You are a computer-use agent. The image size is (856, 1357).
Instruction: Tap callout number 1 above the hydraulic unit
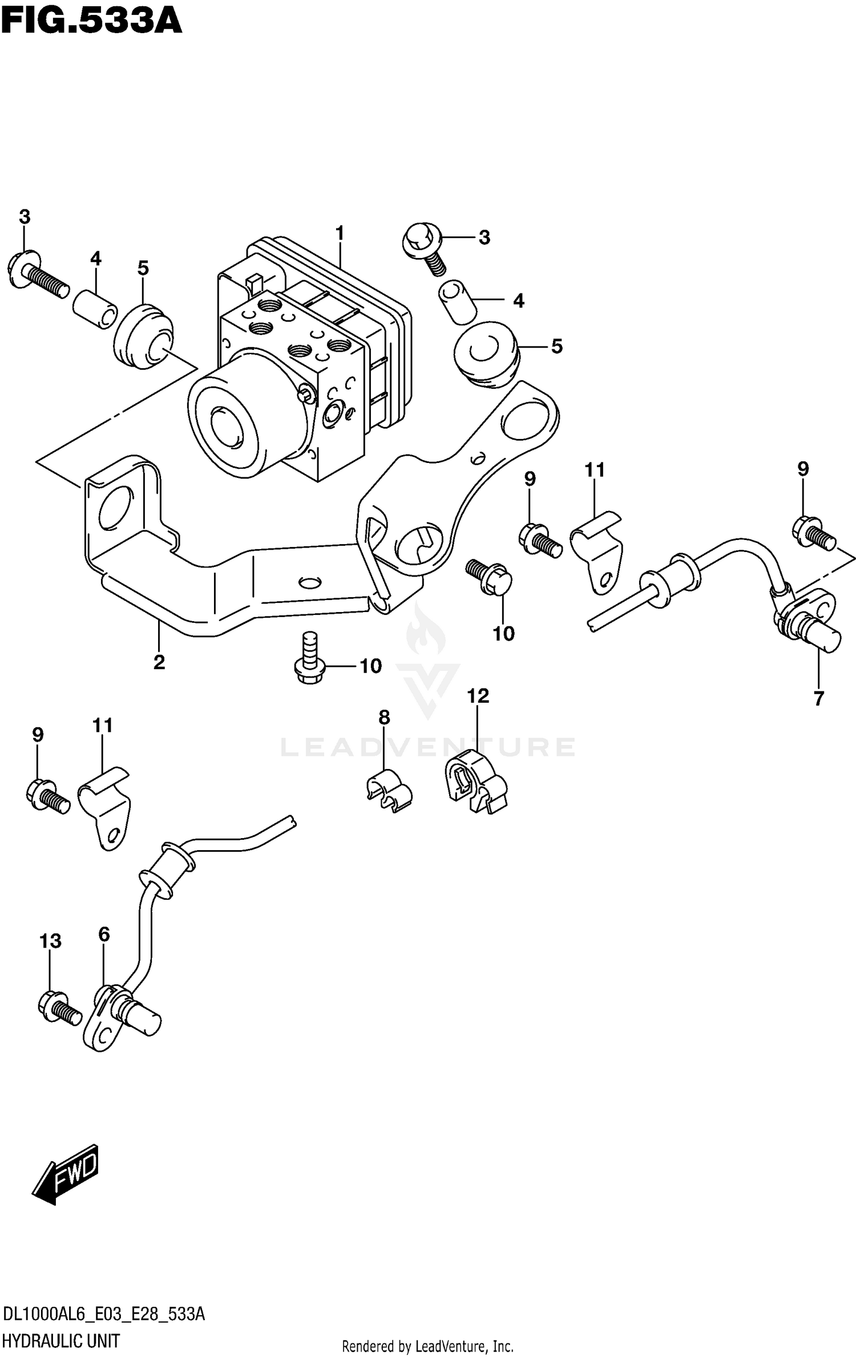pos(340,233)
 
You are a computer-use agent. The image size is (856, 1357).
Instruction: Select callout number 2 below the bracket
pos(159,662)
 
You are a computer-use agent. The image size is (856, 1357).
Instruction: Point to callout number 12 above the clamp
pos(478,696)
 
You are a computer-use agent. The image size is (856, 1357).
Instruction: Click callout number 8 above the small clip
pos(384,718)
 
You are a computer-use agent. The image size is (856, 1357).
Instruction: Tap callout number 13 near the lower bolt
pos(50,941)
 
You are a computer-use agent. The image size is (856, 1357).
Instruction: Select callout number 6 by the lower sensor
pos(104,935)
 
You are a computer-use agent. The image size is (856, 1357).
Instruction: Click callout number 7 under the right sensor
pos(819,698)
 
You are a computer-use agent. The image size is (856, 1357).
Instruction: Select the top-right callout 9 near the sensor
pos(803,469)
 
